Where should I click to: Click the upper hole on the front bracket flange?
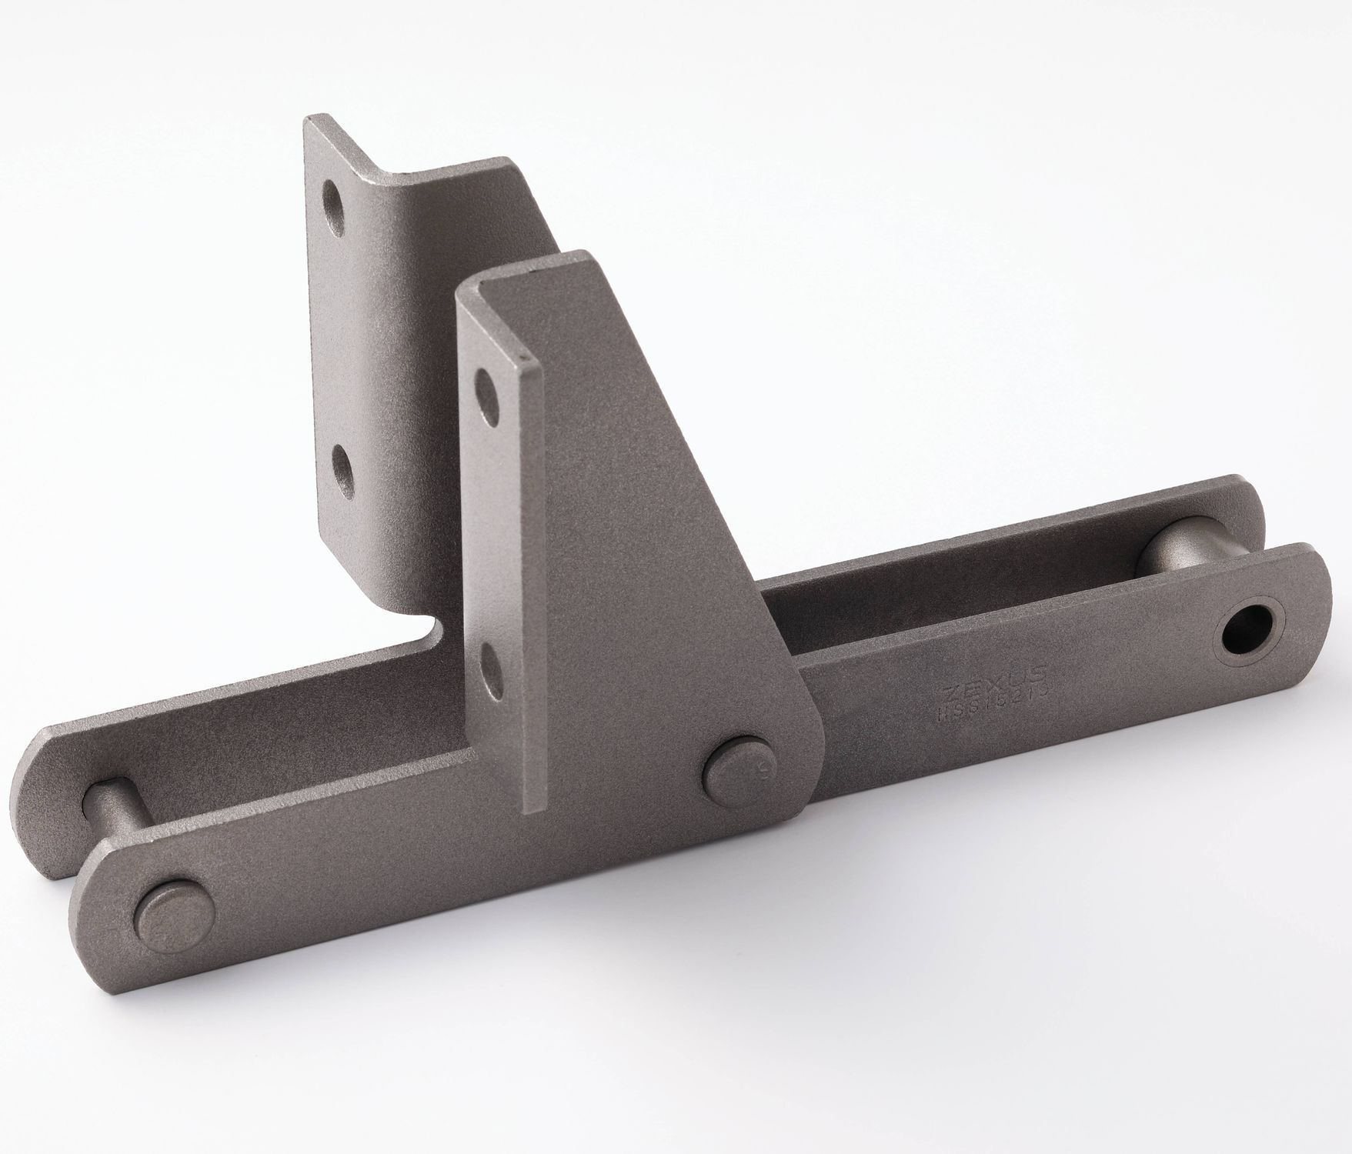pos(486,382)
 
